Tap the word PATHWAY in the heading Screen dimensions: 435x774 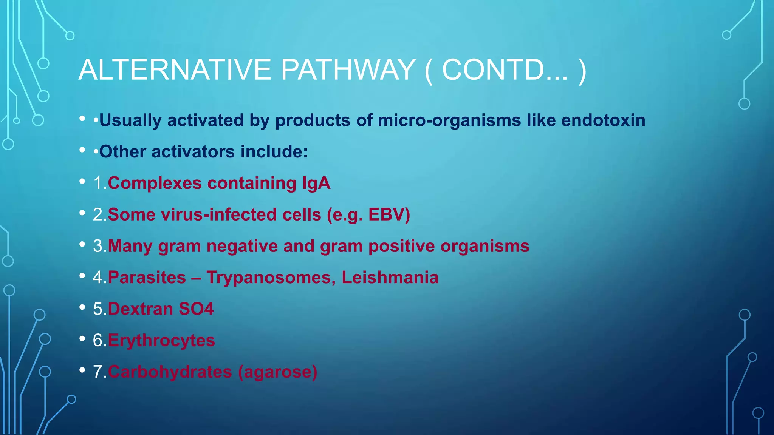pos(348,70)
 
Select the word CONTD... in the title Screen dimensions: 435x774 pos(505,70)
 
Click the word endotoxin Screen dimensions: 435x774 pos(603,120)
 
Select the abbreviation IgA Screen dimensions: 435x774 pos(316,184)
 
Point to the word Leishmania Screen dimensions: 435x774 pos(390,278)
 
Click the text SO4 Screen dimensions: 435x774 pos(196,309)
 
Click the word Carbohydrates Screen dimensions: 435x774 pos(170,372)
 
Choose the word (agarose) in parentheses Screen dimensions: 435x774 pos(277,372)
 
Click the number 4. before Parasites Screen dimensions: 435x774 pos(100,278)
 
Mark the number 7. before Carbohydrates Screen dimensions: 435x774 pos(100,372)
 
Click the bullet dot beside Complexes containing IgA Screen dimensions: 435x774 pos(82,182)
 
